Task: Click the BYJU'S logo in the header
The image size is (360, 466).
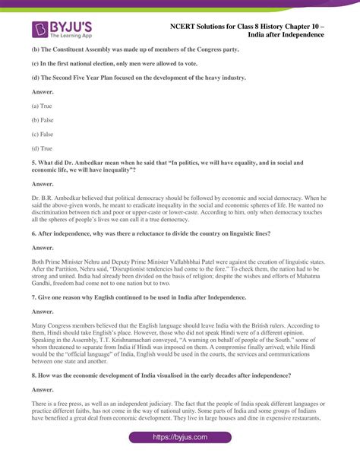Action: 65,30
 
